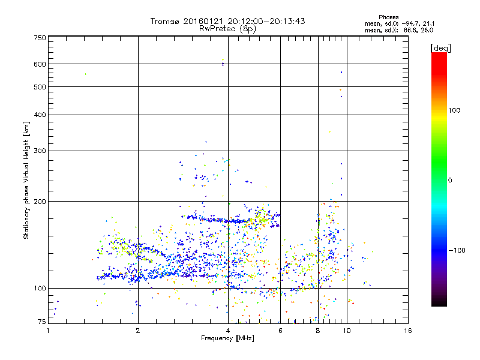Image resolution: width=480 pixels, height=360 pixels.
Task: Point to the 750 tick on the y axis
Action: click(40, 38)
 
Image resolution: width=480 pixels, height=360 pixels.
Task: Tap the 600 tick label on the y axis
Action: click(40, 64)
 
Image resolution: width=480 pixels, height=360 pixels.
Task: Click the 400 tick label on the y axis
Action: click(40, 115)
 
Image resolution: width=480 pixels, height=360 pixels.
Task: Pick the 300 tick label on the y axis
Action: click(40, 151)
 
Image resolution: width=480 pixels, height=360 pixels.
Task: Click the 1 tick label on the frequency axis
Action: click(49, 331)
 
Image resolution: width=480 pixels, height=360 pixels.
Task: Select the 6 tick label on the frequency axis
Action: click(280, 331)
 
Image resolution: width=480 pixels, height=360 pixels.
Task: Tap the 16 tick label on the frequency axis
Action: click(407, 331)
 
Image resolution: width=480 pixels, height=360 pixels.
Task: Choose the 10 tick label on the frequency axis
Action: click(346, 331)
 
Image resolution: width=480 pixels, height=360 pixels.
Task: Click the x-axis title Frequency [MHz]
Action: click(227, 338)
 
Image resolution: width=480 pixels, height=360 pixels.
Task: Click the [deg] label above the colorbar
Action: click(441, 47)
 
